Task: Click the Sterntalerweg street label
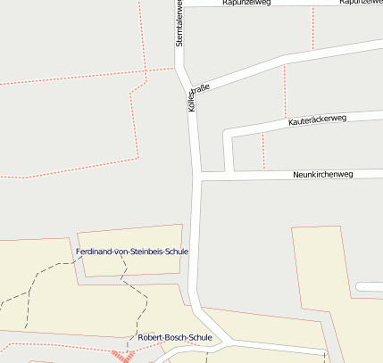[x=179, y=23]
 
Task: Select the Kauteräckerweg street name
[x=316, y=119]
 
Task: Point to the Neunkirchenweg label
[x=323, y=174]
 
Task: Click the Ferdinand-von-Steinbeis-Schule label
[x=132, y=252]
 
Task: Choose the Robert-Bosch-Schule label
[x=175, y=337]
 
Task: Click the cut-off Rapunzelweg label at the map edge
[x=362, y=3]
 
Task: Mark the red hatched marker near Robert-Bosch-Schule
[x=122, y=356]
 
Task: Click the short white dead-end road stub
[x=369, y=286]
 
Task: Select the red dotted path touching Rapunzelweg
[x=312, y=27]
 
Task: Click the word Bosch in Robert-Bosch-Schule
[x=175, y=337]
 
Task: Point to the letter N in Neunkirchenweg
[x=296, y=175]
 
